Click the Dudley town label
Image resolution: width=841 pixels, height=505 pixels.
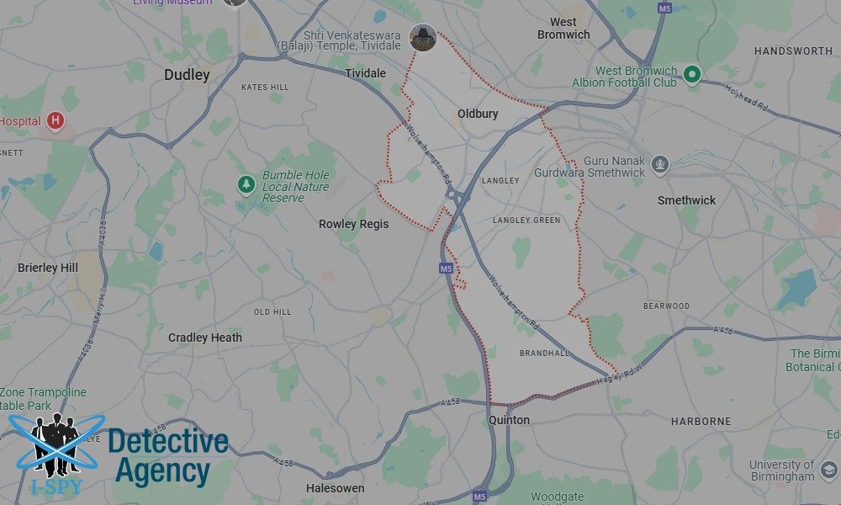click(x=187, y=75)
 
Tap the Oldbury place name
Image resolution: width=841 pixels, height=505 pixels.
click(x=478, y=114)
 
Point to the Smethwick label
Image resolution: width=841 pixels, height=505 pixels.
click(x=686, y=200)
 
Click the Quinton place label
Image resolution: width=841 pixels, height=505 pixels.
click(x=510, y=420)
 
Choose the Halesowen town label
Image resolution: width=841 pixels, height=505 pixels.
click(x=335, y=488)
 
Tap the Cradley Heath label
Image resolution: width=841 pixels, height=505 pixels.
click(x=204, y=338)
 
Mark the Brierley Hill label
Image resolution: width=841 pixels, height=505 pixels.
click(x=47, y=268)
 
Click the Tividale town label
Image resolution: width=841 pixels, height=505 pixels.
click(x=365, y=73)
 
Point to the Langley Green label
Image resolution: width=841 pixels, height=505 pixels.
click(x=526, y=221)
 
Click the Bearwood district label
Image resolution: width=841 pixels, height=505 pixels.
click(x=666, y=306)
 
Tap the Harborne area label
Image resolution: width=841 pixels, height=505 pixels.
click(x=701, y=421)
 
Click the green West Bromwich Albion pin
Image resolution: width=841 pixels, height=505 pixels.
click(x=692, y=75)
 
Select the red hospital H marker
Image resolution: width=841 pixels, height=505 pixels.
click(x=56, y=121)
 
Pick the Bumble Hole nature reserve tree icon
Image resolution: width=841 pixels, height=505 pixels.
click(x=246, y=183)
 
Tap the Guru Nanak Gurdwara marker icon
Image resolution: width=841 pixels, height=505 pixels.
click(x=659, y=163)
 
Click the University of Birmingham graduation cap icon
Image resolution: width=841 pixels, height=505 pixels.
click(x=829, y=470)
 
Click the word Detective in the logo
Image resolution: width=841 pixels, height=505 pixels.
click(x=168, y=441)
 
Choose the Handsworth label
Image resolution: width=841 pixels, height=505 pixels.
click(x=793, y=51)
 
